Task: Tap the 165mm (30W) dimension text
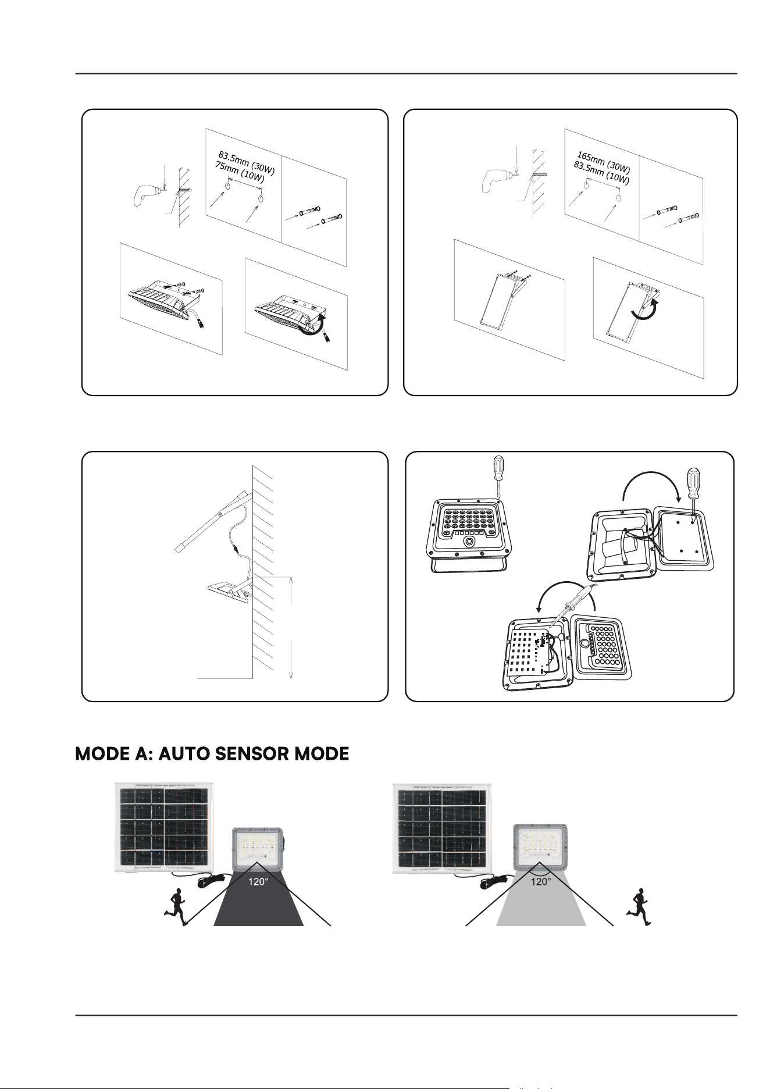click(x=604, y=161)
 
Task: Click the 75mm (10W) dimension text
click(x=239, y=173)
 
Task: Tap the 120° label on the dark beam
click(x=258, y=882)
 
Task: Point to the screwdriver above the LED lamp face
click(x=498, y=477)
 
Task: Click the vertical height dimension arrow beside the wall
click(x=290, y=627)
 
